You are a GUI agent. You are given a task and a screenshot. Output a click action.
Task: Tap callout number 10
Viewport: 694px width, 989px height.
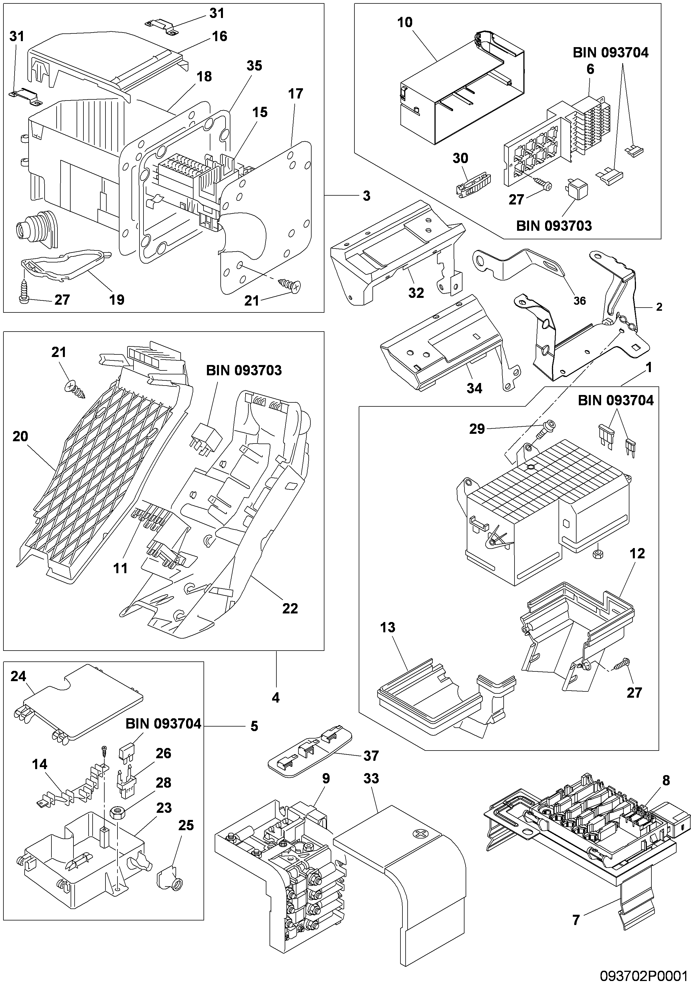(x=405, y=22)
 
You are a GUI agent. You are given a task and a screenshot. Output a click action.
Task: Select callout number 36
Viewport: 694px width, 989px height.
(x=579, y=301)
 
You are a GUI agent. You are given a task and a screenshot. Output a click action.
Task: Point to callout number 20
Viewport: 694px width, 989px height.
(x=20, y=436)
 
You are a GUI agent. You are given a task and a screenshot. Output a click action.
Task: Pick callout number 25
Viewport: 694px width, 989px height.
(x=186, y=825)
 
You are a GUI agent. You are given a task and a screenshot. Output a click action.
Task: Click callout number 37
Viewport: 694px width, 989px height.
(x=371, y=756)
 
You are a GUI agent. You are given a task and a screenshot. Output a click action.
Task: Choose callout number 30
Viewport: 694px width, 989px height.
(x=460, y=158)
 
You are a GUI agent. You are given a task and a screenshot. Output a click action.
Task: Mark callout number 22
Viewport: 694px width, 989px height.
(x=290, y=608)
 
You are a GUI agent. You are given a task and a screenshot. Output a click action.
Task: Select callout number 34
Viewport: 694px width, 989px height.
(x=474, y=388)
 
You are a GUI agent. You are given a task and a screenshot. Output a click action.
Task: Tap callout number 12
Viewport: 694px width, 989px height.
(x=637, y=553)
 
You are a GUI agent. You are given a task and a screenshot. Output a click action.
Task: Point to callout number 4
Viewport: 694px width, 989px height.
(x=276, y=697)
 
